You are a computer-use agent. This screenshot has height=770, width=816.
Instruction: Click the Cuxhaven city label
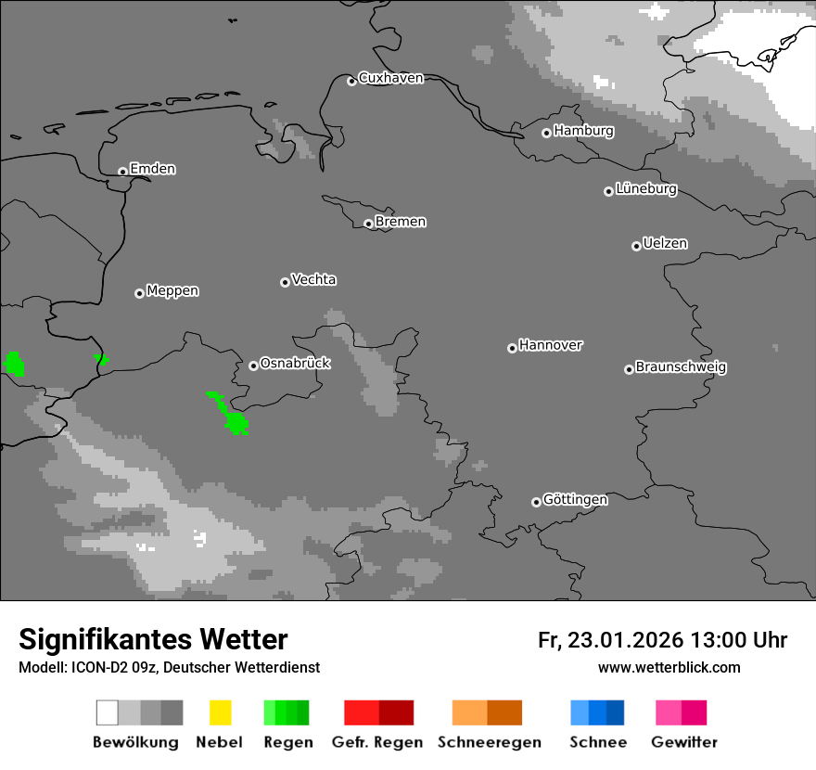tap(390, 78)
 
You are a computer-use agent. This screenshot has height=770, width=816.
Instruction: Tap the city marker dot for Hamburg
tap(546, 133)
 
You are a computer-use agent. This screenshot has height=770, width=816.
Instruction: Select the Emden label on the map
tap(152, 169)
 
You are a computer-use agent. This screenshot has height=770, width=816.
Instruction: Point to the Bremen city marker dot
tap(368, 224)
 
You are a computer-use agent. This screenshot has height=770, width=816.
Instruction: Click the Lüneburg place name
tap(645, 189)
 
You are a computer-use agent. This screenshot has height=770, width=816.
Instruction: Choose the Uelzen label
tap(665, 244)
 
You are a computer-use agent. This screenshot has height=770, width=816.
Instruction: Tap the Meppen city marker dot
tap(139, 293)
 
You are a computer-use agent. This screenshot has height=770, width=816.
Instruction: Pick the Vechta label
tap(313, 279)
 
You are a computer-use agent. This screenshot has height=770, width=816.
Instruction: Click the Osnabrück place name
tap(295, 364)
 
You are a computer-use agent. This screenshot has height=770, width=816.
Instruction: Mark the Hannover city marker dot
tap(512, 348)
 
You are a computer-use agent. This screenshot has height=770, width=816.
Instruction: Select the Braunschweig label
tap(681, 367)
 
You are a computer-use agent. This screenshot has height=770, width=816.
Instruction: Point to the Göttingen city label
tap(575, 500)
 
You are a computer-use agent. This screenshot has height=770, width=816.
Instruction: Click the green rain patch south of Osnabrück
tap(236, 423)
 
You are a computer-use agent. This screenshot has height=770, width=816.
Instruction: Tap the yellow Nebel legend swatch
tap(220, 712)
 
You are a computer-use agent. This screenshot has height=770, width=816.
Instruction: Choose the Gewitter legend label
tap(683, 742)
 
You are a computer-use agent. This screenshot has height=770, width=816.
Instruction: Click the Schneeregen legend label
tap(489, 742)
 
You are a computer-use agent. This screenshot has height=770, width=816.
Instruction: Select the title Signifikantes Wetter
tap(153, 640)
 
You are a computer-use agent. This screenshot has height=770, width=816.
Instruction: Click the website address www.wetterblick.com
tap(669, 667)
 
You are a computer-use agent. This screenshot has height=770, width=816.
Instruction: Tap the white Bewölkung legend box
tap(107, 712)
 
